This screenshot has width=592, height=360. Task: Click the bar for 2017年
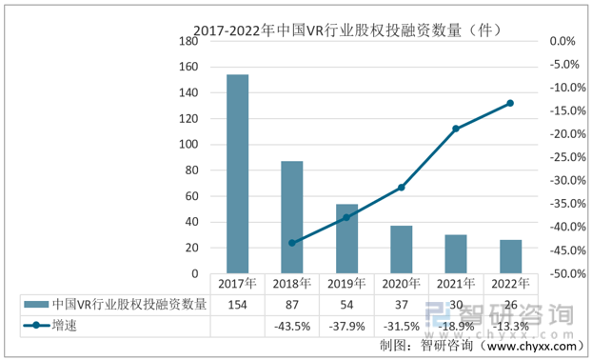tap(237, 174)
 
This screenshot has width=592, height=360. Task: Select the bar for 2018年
tap(292, 217)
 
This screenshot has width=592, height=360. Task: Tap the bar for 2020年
tap(402, 250)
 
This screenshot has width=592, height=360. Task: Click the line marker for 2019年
tap(346, 217)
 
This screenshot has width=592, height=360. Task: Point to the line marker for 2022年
tap(511, 103)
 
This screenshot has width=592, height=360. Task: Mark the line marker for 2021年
tap(456, 129)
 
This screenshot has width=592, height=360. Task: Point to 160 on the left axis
tap(187, 68)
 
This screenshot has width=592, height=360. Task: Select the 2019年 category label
tap(346, 284)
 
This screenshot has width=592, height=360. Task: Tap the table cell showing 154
tap(237, 304)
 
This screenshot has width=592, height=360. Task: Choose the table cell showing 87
tap(292, 304)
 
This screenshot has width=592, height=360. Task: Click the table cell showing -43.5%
tap(292, 326)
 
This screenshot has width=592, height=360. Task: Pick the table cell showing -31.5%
tap(402, 326)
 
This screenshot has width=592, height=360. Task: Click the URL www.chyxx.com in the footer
tap(533, 346)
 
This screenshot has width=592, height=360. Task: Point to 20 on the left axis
tap(191, 248)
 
